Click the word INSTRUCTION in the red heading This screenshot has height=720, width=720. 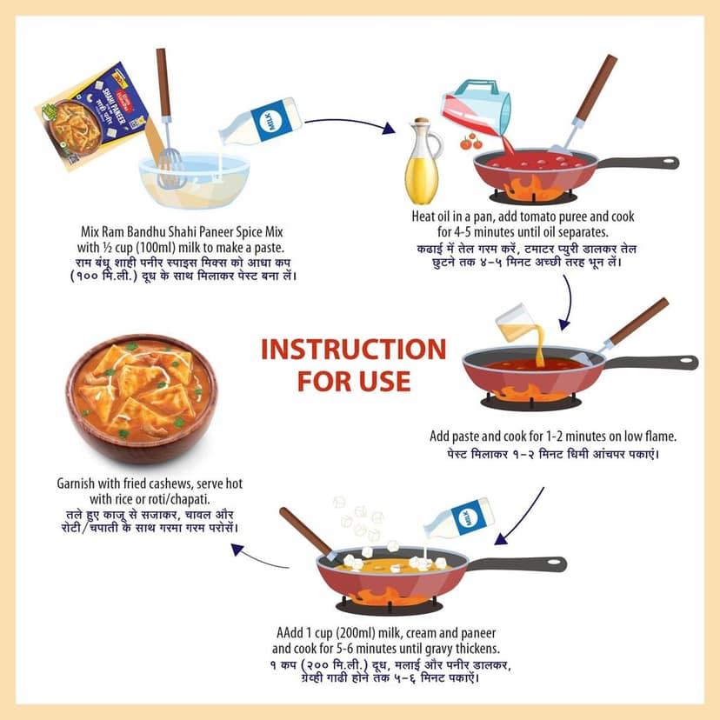click(354, 350)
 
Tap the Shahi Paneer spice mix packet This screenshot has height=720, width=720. click(93, 117)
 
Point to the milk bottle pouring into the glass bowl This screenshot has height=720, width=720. click(260, 122)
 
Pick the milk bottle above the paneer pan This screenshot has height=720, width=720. click(459, 518)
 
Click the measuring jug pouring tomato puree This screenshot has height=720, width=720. click(476, 107)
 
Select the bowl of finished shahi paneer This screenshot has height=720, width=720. click(142, 397)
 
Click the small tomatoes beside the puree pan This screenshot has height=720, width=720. click(471, 142)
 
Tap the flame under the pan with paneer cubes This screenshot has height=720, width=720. click(390, 596)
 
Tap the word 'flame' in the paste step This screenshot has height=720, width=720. click(661, 437)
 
